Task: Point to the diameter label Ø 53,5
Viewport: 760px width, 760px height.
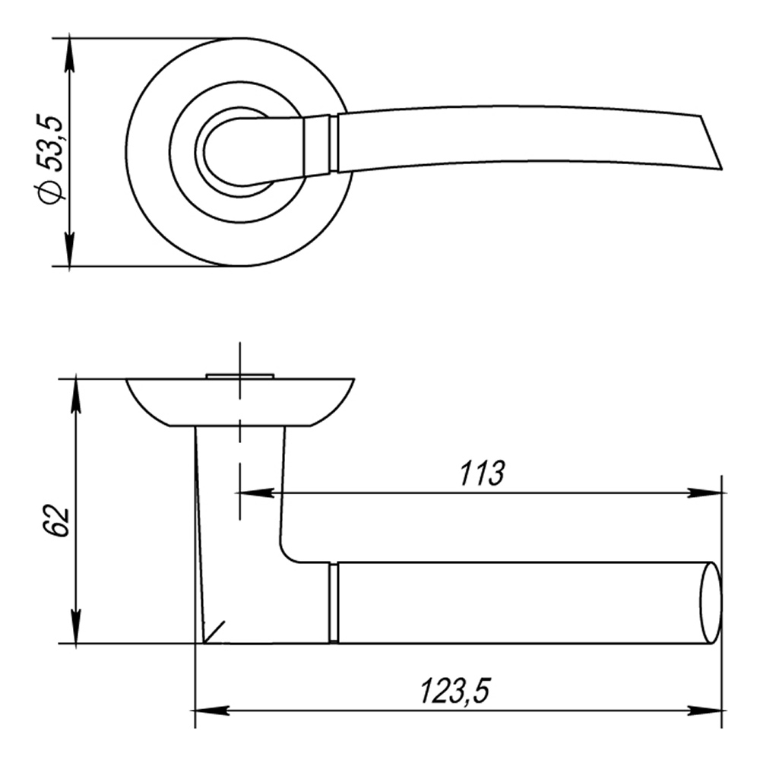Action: coord(52,160)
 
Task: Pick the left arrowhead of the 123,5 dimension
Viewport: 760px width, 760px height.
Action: coord(212,711)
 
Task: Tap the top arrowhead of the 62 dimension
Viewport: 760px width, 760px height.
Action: coord(76,396)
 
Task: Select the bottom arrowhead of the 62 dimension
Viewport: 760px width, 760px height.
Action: coord(76,626)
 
